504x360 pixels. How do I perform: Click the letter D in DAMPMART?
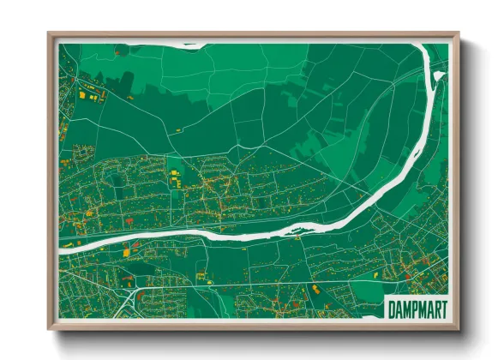pyautogui.click(x=391, y=309)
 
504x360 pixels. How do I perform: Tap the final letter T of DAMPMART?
pyautogui.click(x=442, y=309)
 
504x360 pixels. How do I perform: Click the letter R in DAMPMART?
pyautogui.click(x=435, y=309)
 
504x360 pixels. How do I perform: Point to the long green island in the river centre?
pyautogui.click(x=257, y=229)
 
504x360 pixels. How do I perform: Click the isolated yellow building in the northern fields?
pyautogui.click(x=179, y=129)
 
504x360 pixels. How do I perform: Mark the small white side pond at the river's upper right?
pyautogui.click(x=439, y=75)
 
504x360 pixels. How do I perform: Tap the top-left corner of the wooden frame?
pyautogui.click(x=50, y=35)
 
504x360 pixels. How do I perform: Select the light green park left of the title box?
pyautogui.click(x=356, y=300)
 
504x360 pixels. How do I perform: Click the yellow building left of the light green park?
pyautogui.click(x=315, y=289)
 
